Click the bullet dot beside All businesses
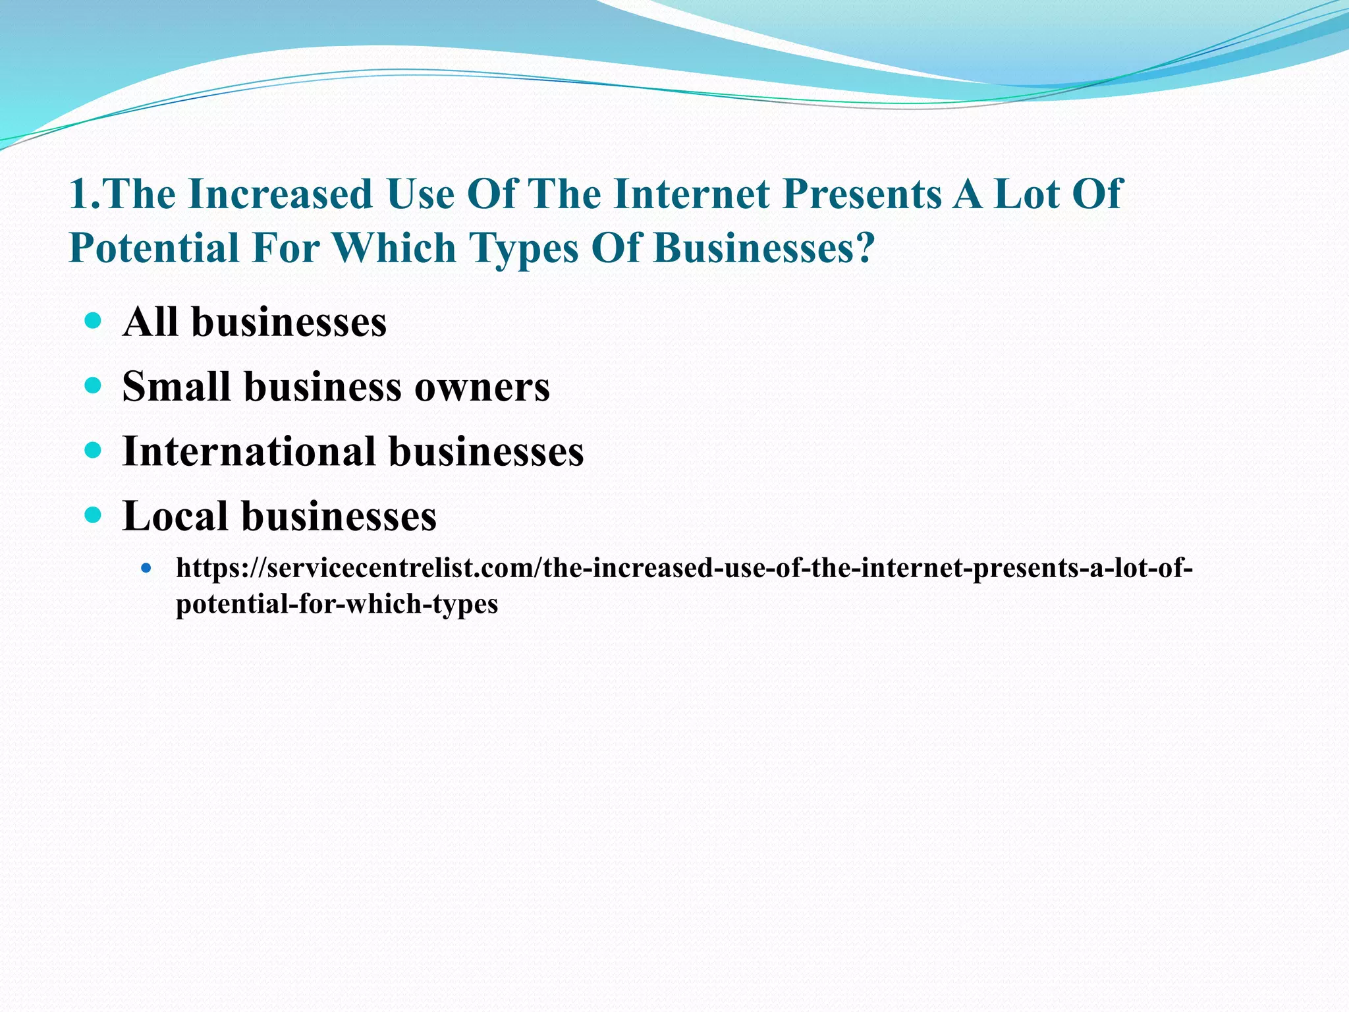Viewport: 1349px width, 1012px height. [x=94, y=322]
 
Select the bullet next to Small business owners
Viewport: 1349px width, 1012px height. [x=94, y=386]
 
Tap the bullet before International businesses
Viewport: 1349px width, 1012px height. [x=94, y=451]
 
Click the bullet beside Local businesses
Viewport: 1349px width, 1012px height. [x=94, y=515]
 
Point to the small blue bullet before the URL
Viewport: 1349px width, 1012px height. [x=146, y=568]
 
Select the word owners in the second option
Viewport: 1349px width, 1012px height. [x=482, y=387]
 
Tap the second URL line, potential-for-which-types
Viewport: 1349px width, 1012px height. [x=337, y=604]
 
